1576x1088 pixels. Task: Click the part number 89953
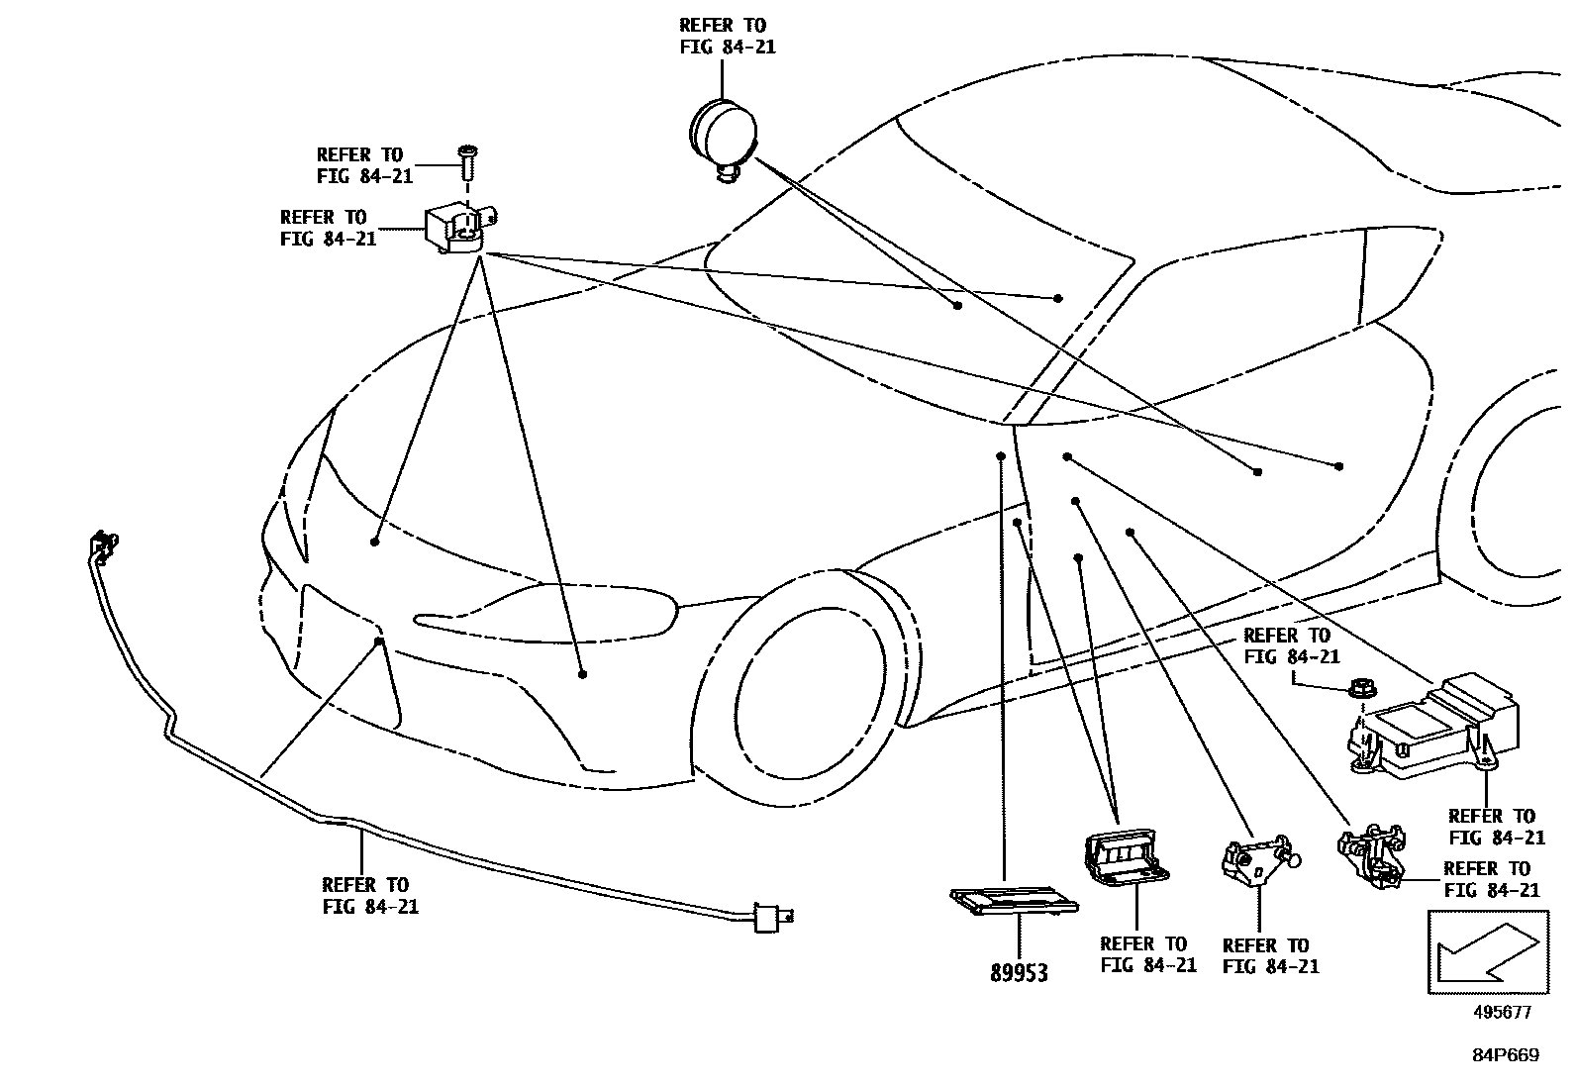pyautogui.click(x=1019, y=973)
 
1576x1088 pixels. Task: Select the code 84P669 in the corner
pyautogui.click(x=1505, y=1055)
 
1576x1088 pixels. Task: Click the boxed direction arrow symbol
pyautogui.click(x=1485, y=951)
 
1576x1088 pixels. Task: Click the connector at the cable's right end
pyautogui.click(x=765, y=918)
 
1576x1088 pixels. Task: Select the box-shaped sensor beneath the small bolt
pyautogui.click(x=457, y=230)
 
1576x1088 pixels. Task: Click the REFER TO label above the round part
pyautogui.click(x=723, y=36)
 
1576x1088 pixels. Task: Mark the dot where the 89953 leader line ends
pyautogui.click(x=1001, y=456)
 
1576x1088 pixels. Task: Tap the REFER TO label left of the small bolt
pyautogui.click(x=360, y=165)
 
